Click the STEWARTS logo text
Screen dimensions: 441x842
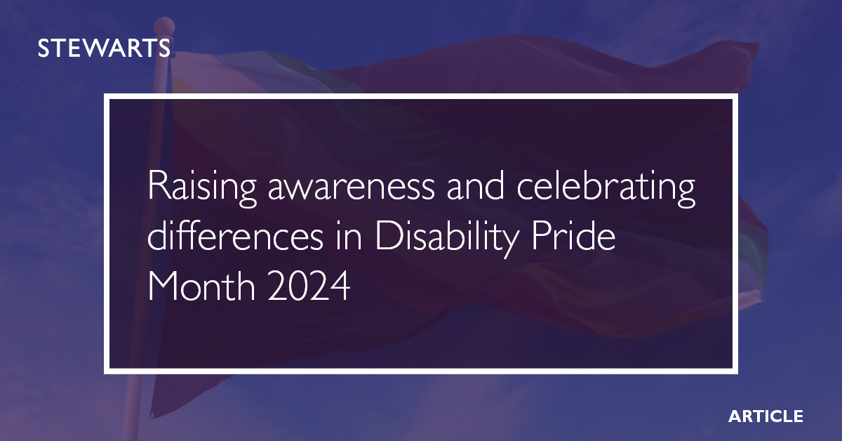(103, 48)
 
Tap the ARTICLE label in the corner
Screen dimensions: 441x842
(766, 416)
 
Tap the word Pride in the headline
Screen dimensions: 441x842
(569, 239)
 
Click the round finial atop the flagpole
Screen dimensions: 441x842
(165, 29)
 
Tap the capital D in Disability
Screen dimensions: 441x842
(385, 239)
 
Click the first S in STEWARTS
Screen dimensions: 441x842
(43, 48)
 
